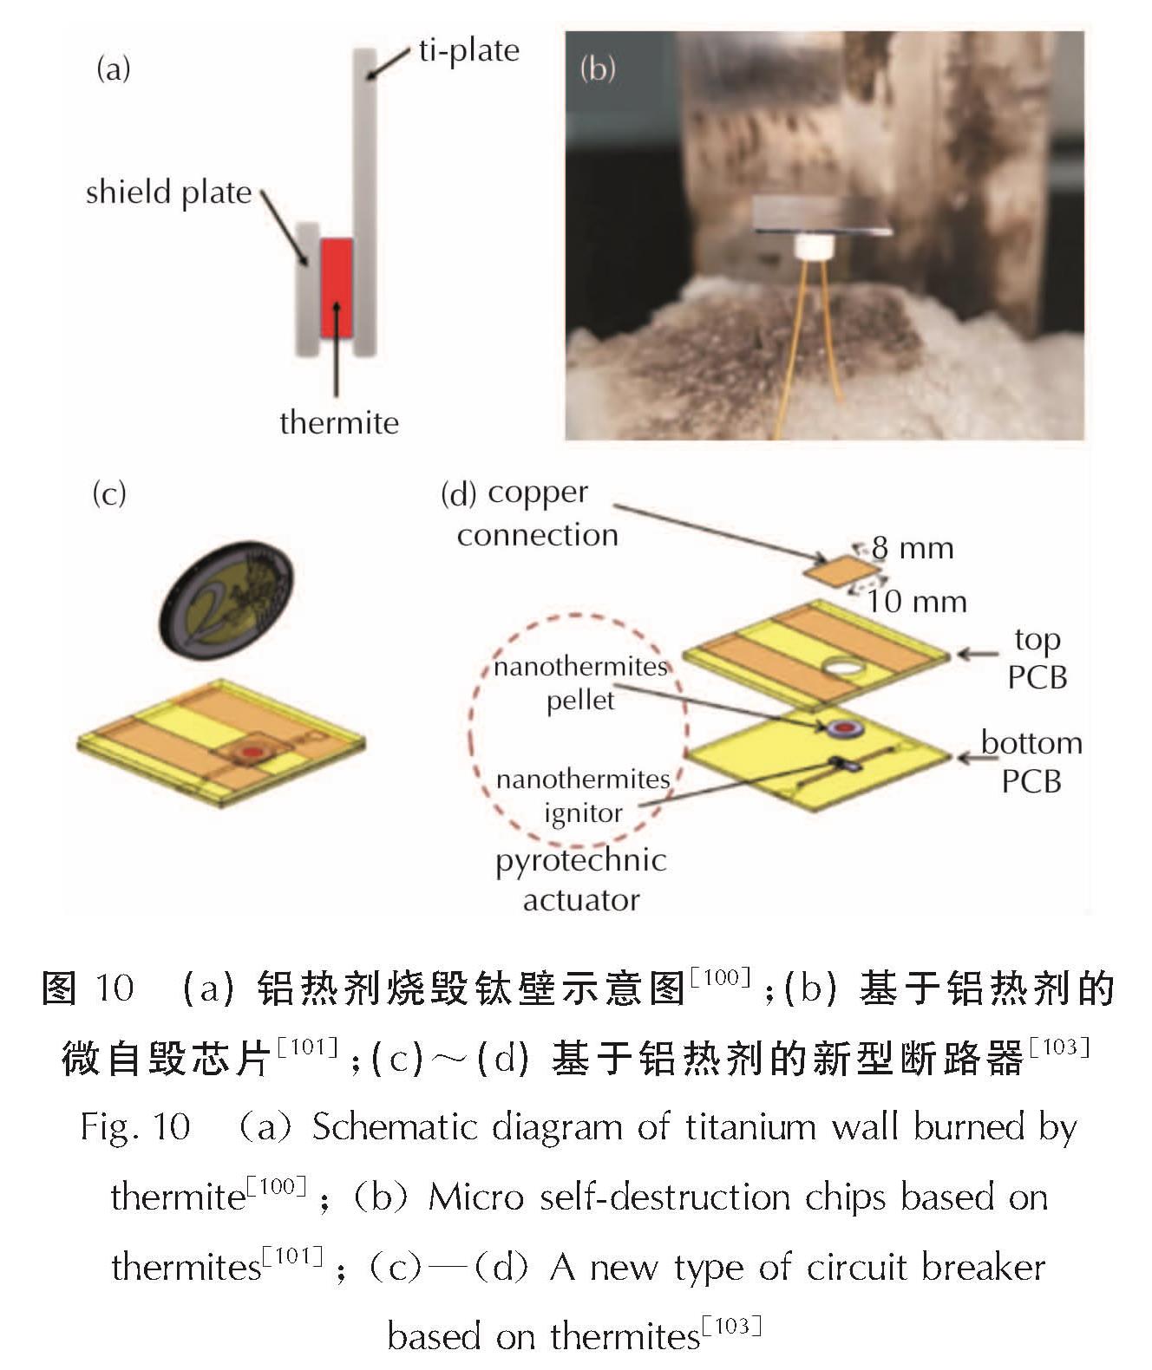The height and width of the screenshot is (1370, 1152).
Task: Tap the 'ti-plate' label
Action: (x=469, y=51)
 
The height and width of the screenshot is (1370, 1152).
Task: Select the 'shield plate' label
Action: (x=168, y=192)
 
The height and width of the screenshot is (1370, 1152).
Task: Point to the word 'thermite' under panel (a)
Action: (x=339, y=422)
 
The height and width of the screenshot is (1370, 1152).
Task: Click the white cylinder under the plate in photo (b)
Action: (x=814, y=247)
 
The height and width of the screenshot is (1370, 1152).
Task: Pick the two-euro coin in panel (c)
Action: (x=226, y=600)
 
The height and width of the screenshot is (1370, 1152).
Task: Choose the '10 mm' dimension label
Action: (x=917, y=602)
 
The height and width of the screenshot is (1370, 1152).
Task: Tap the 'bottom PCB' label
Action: (x=1031, y=762)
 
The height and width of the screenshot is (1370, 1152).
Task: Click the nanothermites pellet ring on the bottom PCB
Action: (x=837, y=727)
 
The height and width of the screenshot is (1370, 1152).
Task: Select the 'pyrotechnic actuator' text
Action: (x=581, y=880)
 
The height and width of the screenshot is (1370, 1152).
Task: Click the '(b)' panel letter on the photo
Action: (x=598, y=68)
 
